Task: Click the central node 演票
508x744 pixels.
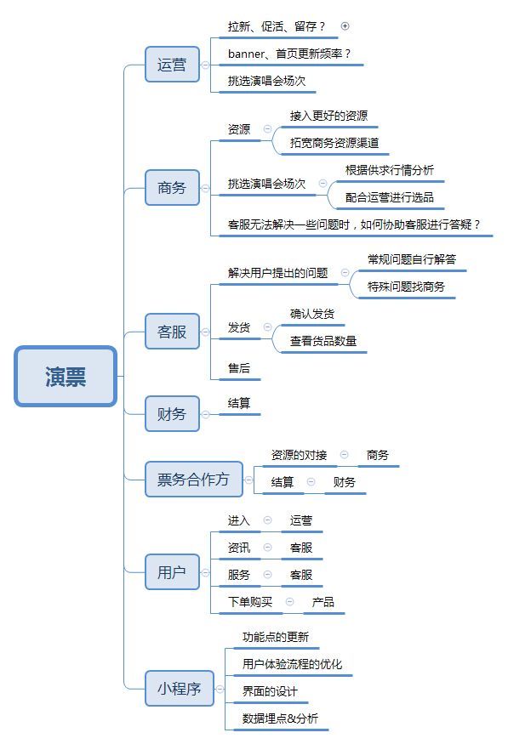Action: point(66,377)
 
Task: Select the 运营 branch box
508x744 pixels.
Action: point(172,65)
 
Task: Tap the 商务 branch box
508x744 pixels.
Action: point(172,188)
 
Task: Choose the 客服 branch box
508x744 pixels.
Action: point(172,332)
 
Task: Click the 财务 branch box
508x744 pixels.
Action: point(172,414)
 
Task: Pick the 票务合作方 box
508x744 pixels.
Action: point(194,480)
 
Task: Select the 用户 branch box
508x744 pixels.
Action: point(172,572)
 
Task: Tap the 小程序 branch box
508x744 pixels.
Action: point(180,689)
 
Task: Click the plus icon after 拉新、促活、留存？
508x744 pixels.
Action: point(345,26)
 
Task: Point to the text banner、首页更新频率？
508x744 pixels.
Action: point(289,54)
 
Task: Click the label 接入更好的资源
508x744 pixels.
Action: point(328,116)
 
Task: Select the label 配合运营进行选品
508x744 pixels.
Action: point(390,197)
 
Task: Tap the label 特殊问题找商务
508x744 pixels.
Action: point(406,287)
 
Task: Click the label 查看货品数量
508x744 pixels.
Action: point(322,341)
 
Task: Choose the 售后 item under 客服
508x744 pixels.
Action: point(239,368)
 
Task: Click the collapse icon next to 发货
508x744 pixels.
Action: point(268,327)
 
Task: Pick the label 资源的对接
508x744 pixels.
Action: point(299,455)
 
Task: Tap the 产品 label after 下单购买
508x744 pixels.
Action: point(322,602)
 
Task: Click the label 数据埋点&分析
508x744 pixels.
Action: point(280,718)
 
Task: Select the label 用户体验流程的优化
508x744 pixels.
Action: point(292,664)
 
